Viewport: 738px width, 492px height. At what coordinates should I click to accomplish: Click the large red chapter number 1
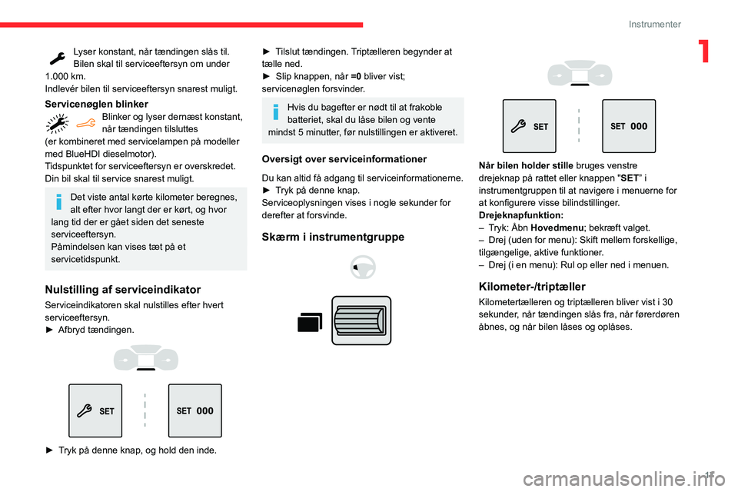coord(704,51)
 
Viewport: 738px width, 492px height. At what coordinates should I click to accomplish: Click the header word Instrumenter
coord(654,24)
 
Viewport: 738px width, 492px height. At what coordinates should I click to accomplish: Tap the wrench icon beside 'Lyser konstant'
coord(56,57)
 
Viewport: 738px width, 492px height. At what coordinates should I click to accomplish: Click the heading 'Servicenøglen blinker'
coord(96,104)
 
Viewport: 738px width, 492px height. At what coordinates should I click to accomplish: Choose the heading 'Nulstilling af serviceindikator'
coord(123,289)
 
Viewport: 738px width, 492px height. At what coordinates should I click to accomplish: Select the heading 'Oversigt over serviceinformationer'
coord(344,159)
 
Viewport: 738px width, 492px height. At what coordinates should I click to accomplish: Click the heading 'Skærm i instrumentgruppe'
coord(333,236)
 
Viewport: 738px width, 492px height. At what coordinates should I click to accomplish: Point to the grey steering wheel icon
coord(361,268)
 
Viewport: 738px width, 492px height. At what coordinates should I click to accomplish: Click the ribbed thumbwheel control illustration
coord(362,320)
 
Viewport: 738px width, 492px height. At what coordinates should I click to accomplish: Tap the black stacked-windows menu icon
coord(310,322)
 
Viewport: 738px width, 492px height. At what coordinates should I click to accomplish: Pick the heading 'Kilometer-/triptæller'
coord(531,286)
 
